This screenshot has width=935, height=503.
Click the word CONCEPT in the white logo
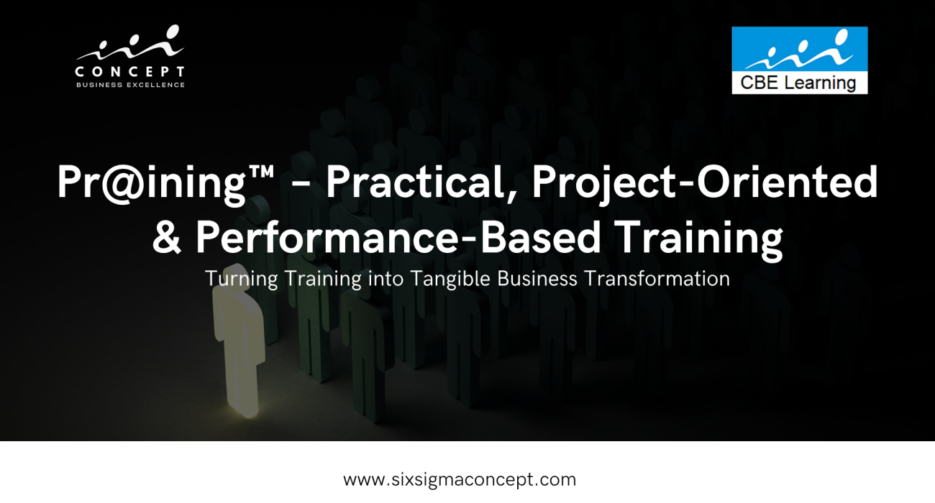pos(129,72)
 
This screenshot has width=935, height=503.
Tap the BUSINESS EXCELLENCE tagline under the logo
pos(130,85)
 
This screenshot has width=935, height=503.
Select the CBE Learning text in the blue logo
pos(798,83)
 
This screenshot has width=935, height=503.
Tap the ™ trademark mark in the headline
pos(261,172)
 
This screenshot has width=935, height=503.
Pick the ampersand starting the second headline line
pos(167,237)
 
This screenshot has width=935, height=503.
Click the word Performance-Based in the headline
pos(398,236)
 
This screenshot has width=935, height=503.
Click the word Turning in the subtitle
pos(241,279)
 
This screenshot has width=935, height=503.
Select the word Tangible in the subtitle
pos(450,279)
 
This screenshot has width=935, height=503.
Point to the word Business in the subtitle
pos(538,278)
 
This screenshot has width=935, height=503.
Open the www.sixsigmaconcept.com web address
pos(460,479)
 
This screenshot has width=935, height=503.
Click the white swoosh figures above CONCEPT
pos(130,42)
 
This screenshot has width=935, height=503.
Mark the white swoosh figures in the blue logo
pos(798,49)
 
